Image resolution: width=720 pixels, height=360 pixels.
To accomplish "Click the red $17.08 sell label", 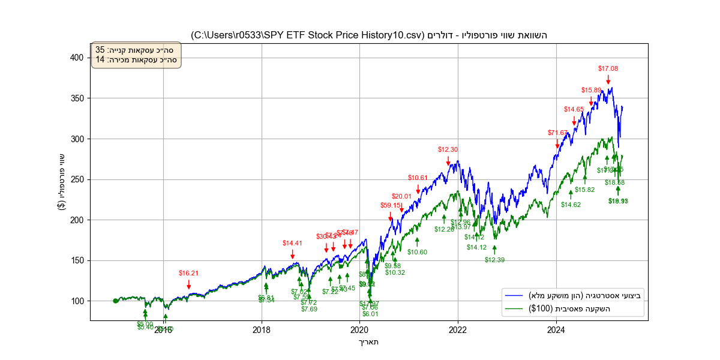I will pos(608,68).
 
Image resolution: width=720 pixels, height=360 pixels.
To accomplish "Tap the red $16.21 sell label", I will pos(188,273).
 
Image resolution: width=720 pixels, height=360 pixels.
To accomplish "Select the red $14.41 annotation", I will pos(292,243).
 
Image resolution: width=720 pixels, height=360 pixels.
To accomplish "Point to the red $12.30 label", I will pos(448,149).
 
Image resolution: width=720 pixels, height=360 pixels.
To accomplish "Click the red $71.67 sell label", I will pos(557,133).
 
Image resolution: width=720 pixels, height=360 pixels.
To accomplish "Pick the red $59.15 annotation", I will pos(390,205).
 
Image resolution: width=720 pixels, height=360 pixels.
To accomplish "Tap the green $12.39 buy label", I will pos(495,260).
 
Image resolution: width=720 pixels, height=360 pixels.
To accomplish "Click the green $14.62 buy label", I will pos(571,205).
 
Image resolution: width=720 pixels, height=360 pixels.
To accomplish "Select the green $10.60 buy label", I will pos(417,252).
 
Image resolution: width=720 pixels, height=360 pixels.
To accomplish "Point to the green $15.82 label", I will pos(584,190).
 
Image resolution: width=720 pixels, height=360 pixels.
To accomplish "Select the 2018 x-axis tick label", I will pos(262,329).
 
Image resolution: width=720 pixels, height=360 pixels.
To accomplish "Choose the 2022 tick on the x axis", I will pos(458,329).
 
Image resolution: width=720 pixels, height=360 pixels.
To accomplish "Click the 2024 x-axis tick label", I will pos(556,329).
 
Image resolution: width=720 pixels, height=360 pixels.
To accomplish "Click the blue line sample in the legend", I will pos(515,296).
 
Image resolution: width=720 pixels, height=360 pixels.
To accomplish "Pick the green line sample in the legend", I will pos(515,309).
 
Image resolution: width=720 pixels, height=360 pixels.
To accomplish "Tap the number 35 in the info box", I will pos(100,50).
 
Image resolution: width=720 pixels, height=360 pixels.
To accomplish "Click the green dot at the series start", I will pos(115,301).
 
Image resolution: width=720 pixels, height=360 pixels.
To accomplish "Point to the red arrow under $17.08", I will pos(608,80).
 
